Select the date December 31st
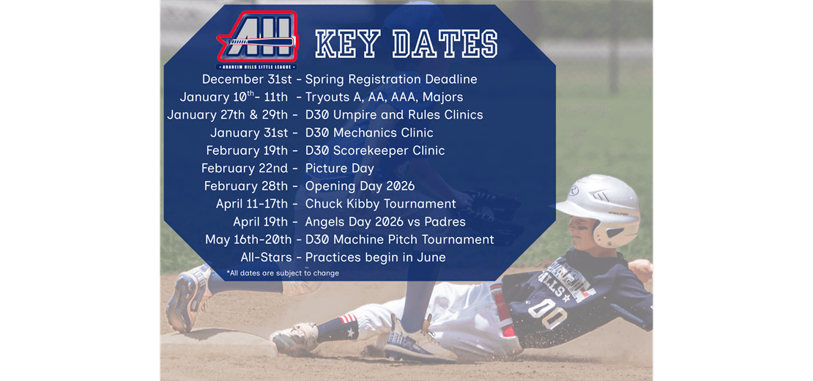pyautogui.click(x=247, y=79)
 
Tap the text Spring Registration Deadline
pyautogui.click(x=391, y=79)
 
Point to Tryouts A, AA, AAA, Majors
pyautogui.click(x=384, y=97)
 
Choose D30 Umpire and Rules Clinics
pyautogui.click(x=394, y=114)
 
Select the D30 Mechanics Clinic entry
pyautogui.click(x=369, y=133)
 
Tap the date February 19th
pyautogui.click(x=247, y=150)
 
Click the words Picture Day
pyautogui.click(x=340, y=169)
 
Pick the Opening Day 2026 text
pyautogui.click(x=360, y=186)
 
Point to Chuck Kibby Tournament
pyautogui.click(x=380, y=204)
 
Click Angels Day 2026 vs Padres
pyautogui.click(x=385, y=221)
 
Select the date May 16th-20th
pyautogui.click(x=248, y=240)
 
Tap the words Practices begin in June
pyautogui.click(x=375, y=257)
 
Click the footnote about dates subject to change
pyautogui.click(x=283, y=273)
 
